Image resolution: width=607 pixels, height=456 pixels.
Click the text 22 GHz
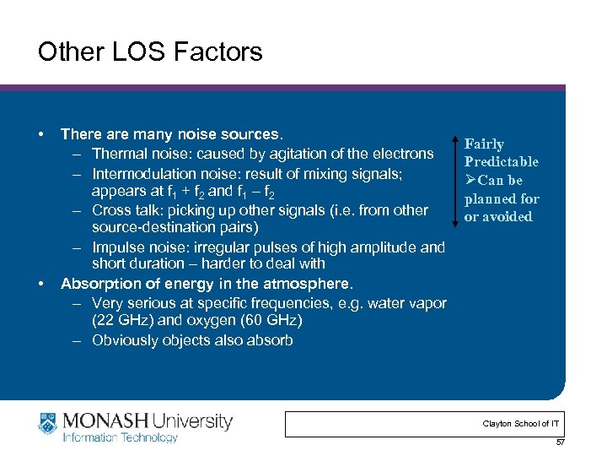[129, 321]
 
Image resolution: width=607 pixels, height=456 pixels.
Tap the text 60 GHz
[266, 321]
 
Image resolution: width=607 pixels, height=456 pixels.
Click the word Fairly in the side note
[484, 144]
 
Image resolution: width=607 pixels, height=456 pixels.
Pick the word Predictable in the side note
[501, 162]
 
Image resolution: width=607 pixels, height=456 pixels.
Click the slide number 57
[559, 442]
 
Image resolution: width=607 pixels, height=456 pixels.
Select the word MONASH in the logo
[102, 420]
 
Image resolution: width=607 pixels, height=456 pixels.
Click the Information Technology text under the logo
[121, 437]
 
